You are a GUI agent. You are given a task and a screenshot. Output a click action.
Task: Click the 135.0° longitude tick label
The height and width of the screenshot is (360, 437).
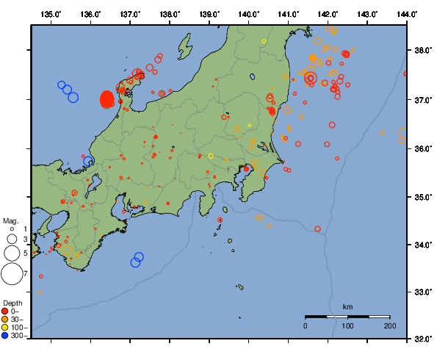click(51, 14)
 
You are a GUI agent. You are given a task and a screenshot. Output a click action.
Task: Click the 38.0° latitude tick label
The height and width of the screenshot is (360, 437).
click(422, 51)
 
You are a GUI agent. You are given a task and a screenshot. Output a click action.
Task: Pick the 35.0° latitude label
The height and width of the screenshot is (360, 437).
click(422, 197)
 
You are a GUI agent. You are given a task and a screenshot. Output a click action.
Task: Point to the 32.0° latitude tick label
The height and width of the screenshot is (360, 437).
click(422, 339)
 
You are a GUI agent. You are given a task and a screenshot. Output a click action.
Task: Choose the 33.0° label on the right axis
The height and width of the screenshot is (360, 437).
click(422, 292)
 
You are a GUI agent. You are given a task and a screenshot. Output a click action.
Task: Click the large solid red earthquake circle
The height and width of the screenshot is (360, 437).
click(106, 99)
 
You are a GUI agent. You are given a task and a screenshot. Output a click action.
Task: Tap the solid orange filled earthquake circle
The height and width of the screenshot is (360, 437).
click(313, 57)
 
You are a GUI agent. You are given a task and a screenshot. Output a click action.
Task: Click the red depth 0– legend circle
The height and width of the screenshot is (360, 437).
click(7, 312)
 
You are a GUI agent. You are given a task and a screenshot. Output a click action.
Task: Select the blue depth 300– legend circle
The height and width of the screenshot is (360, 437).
click(7, 336)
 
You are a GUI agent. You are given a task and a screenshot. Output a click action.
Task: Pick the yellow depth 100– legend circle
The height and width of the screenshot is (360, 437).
click(7, 328)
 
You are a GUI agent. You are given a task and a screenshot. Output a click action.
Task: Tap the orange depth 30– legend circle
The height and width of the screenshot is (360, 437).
click(7, 320)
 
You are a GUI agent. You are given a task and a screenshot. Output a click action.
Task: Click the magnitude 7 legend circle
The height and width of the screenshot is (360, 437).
click(11, 274)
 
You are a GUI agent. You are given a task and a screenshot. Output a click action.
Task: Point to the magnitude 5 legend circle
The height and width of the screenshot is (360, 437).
click(11, 253)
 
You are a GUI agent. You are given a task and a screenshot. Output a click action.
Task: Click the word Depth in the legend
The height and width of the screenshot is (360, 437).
click(12, 303)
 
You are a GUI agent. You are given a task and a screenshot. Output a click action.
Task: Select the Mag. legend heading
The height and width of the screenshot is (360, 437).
click(10, 220)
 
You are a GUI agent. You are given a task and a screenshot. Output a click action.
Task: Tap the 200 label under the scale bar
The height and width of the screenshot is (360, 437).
click(389, 325)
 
